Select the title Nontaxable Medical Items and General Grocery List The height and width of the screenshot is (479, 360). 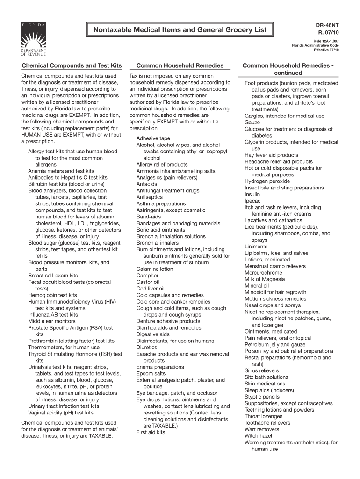tap(180, 30)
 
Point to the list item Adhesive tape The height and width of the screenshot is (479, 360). tap(153, 138)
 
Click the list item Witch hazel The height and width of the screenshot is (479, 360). tap(258, 436)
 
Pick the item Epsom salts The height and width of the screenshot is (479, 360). tap(151, 374)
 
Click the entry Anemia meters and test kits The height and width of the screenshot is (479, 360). tap(61, 171)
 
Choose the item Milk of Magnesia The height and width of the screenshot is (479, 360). tap(265, 279)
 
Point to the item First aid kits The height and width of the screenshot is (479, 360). tap(151, 433)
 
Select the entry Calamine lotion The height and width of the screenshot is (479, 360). tap(155, 269)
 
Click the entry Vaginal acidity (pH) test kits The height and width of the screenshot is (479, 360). tap(61, 413)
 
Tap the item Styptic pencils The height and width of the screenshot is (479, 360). tap(262, 397)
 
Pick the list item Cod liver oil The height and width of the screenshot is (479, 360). tap(151, 289)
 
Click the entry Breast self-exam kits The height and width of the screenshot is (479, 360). tap(53, 276)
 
